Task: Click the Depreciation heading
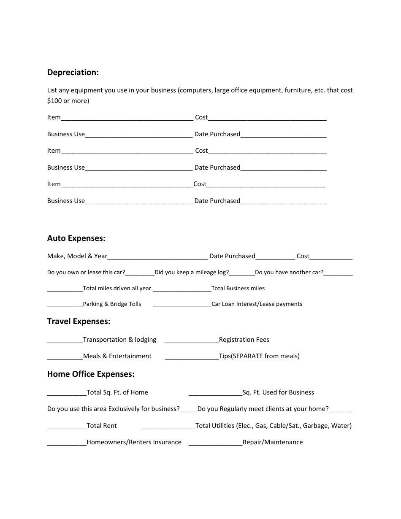click(x=73, y=73)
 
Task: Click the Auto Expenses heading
click(x=76, y=238)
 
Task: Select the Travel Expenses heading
click(x=79, y=322)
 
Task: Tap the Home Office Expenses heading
click(x=91, y=374)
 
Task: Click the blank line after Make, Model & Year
click(x=157, y=257)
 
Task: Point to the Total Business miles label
click(x=238, y=289)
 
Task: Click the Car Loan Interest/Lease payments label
click(x=257, y=304)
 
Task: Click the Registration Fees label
click(x=244, y=340)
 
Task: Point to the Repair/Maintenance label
click(x=273, y=442)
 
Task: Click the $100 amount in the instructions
click(x=54, y=101)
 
